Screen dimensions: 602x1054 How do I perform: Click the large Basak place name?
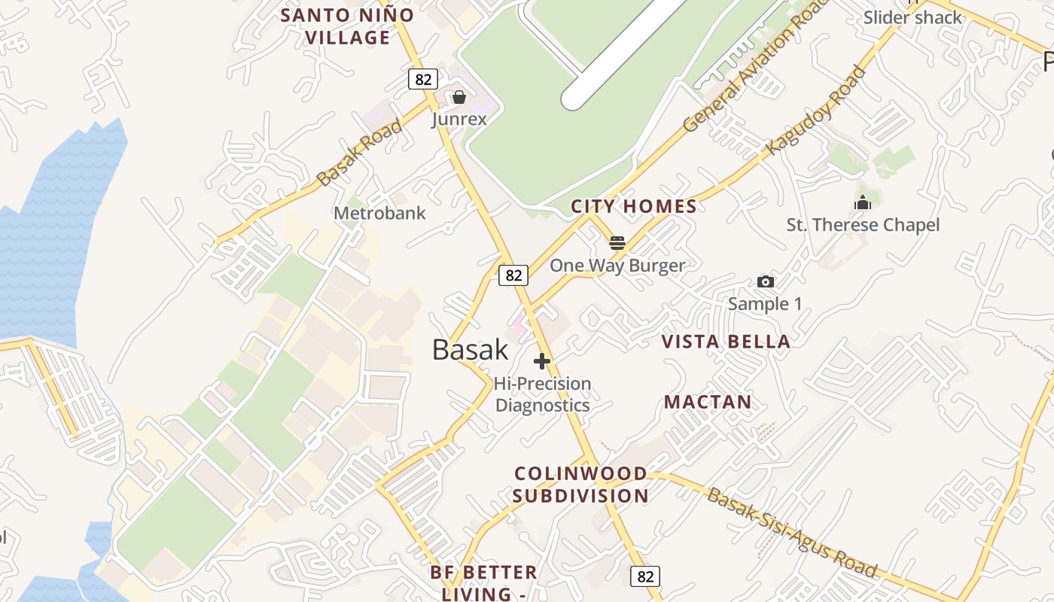coord(471,350)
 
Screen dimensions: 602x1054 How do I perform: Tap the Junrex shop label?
coord(459,119)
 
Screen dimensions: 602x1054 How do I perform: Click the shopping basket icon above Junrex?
coord(459,98)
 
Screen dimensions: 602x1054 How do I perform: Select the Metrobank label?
coord(379,213)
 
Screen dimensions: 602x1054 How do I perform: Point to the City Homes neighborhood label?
coord(634,206)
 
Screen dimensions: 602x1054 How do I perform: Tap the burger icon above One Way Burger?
coord(617,242)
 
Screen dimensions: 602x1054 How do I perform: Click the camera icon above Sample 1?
coord(766,281)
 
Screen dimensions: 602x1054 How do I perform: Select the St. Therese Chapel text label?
coord(863,225)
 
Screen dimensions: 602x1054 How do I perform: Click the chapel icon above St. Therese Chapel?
coord(863,202)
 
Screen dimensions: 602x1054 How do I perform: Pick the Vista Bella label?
coord(726,342)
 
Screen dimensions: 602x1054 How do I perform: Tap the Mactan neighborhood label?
coord(708,402)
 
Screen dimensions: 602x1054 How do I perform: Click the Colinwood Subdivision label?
coord(580,485)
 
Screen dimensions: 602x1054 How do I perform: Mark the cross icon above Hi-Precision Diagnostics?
coord(542,361)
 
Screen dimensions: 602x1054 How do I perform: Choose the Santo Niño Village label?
coord(347,26)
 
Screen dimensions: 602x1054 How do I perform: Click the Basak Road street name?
coord(360,154)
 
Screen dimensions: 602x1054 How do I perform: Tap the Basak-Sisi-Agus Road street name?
coord(792,533)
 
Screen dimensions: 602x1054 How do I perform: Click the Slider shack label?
coord(912,17)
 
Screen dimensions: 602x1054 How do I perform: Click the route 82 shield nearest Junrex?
coord(423,78)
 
